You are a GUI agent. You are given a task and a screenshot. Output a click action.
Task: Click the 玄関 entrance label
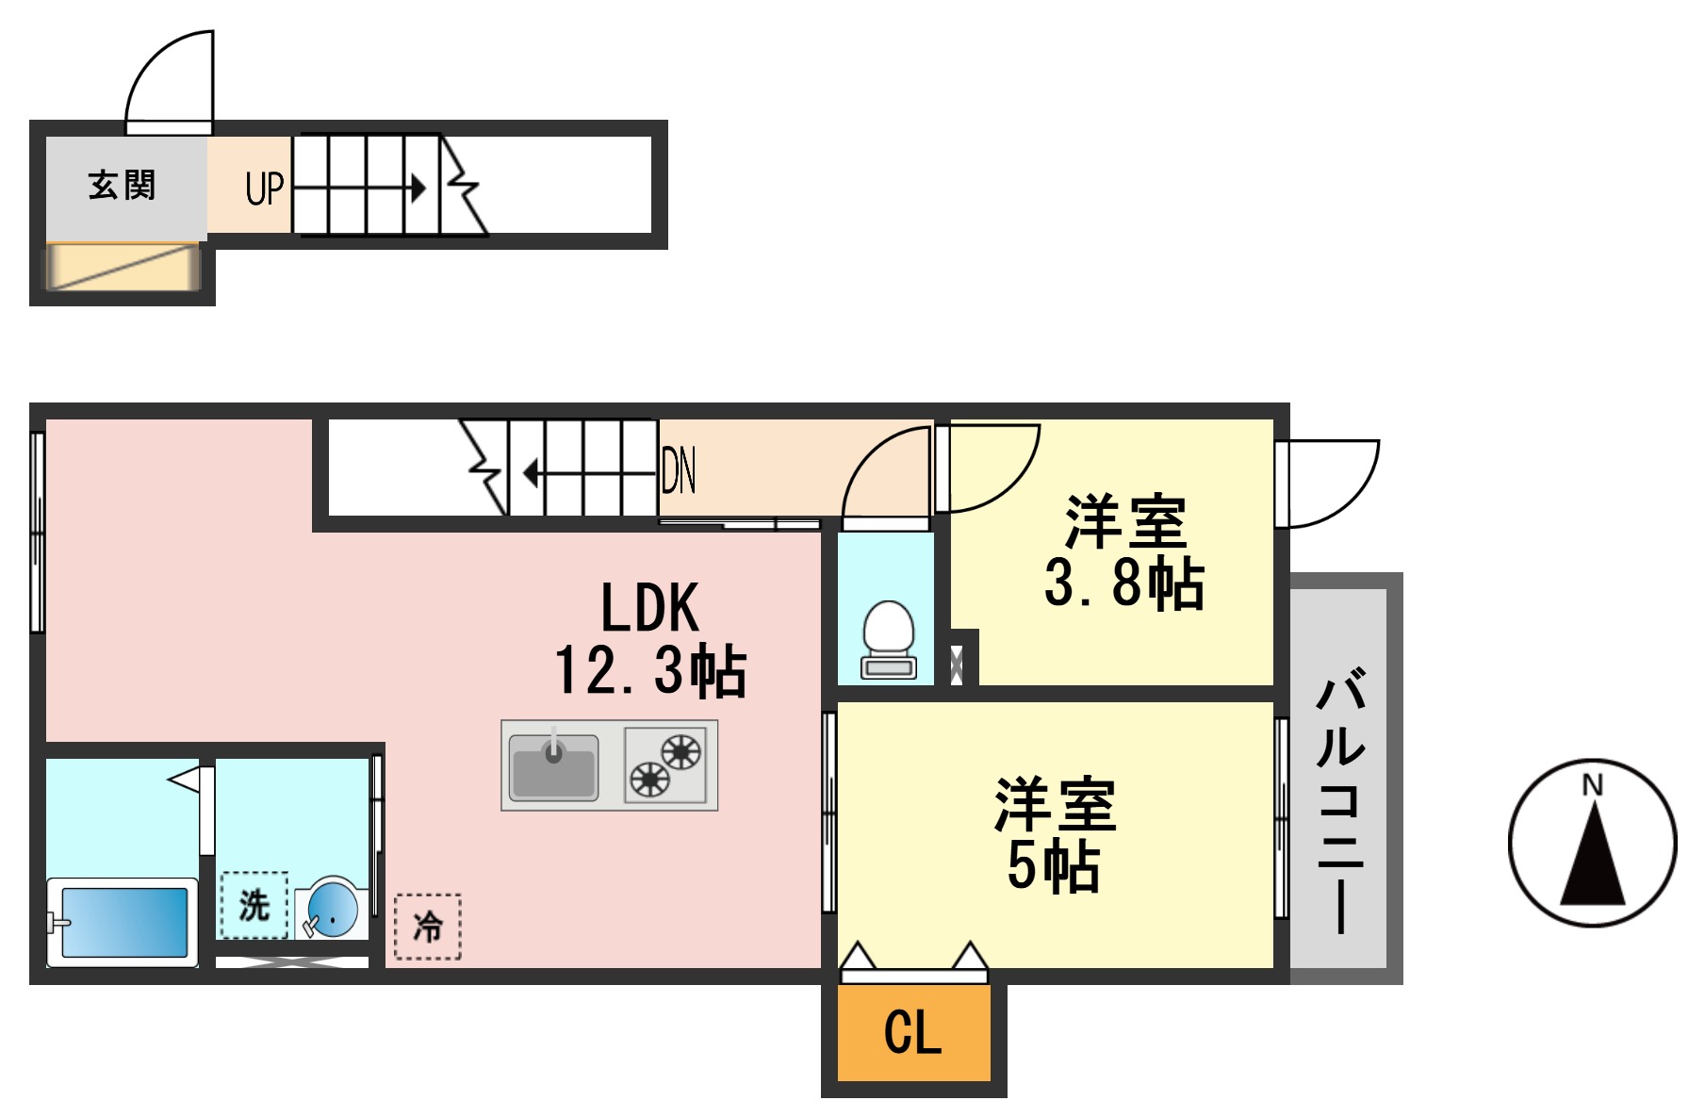pos(122,186)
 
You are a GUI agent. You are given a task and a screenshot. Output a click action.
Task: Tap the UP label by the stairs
pos(264,188)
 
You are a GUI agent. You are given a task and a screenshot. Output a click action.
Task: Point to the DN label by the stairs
pos(679,470)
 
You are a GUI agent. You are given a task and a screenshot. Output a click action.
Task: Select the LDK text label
pos(650,608)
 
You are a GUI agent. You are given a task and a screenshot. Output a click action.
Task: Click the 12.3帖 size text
pos(650,671)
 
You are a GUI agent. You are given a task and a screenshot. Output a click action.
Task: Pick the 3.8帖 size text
pos(1123,583)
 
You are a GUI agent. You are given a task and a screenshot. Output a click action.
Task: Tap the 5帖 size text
pos(1053,865)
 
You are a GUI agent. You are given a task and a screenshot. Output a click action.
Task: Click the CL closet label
pos(912,1032)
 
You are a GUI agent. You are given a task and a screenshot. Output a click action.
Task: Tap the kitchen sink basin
pos(553,766)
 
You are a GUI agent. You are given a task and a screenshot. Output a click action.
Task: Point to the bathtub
pos(123,922)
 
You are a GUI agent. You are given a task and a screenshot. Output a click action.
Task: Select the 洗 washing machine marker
pos(254,905)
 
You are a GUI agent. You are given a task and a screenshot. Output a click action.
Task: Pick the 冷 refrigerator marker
pos(427,927)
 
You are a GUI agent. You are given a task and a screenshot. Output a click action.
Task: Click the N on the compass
pos(1592,784)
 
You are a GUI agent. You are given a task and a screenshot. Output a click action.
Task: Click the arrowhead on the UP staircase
pos(417,188)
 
